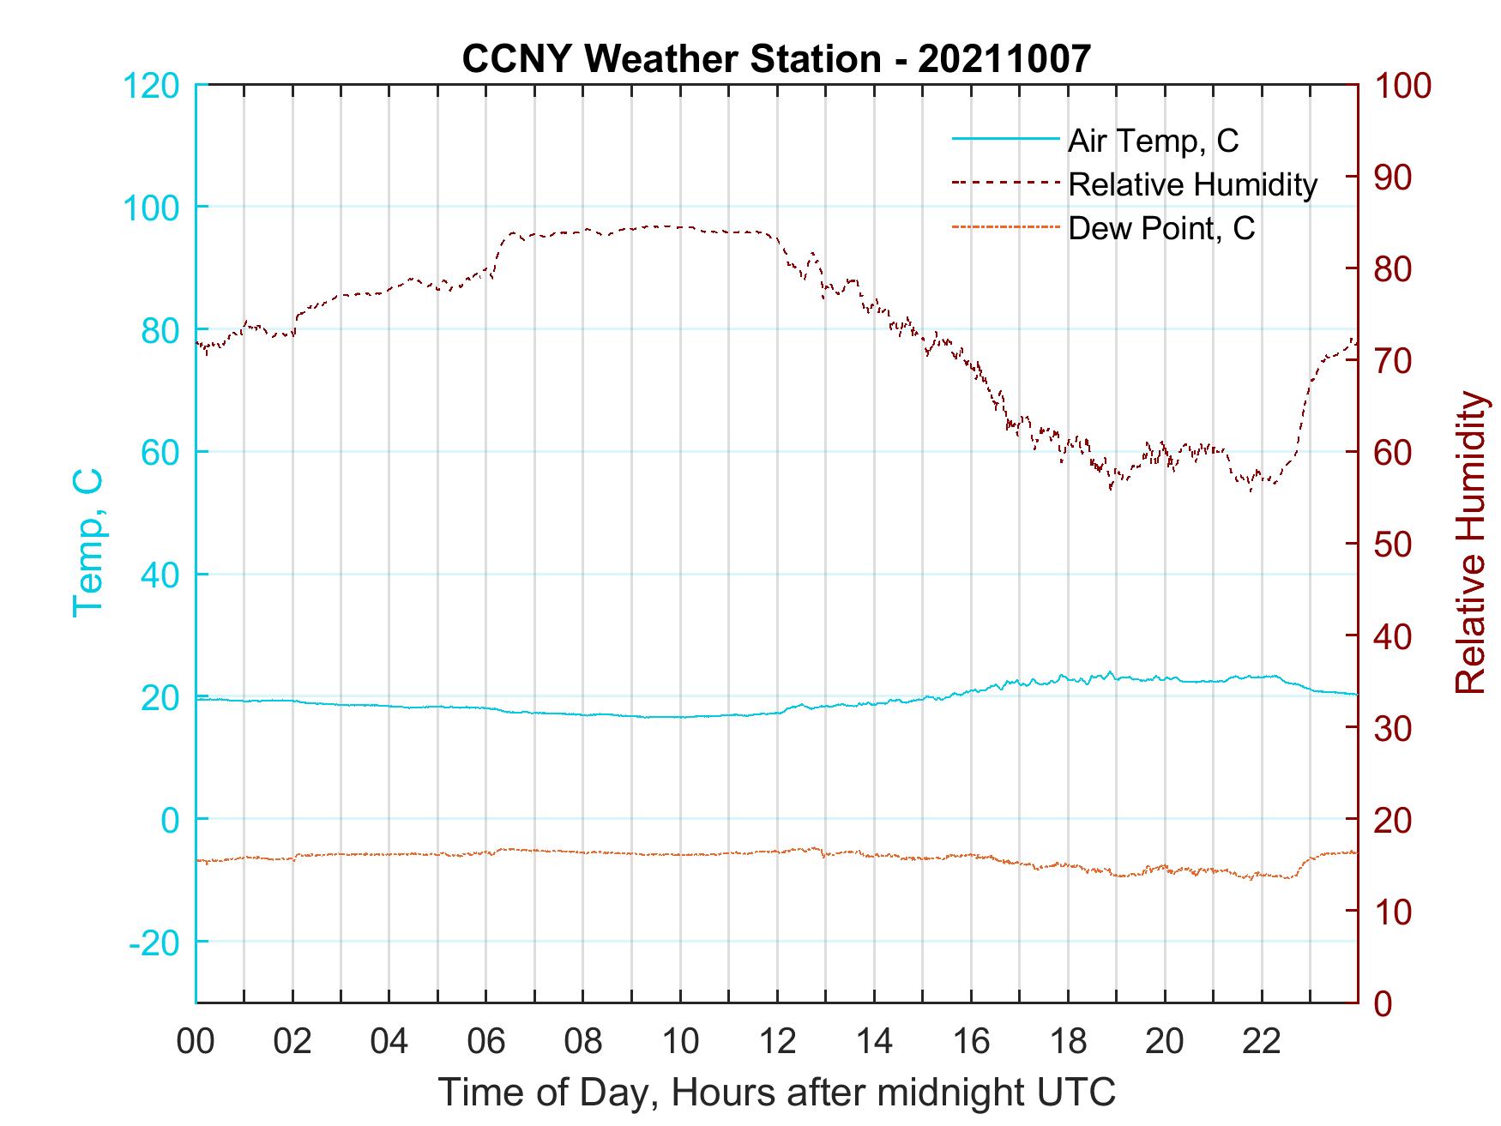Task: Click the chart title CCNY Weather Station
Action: [x=775, y=58]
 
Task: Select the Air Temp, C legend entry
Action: [x=1153, y=140]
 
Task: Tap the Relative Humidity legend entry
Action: [x=1192, y=184]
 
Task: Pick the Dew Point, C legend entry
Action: [x=1160, y=228]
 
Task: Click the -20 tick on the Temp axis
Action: [x=154, y=943]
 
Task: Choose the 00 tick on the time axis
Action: [x=196, y=1042]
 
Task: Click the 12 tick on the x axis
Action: [x=777, y=1042]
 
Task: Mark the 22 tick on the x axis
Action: [x=1262, y=1042]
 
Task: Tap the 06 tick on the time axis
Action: [x=486, y=1042]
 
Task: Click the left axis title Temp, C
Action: [x=87, y=543]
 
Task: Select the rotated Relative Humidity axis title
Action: [x=1470, y=543]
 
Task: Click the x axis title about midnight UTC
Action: [x=777, y=1093]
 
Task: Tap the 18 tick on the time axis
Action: [x=1068, y=1042]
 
